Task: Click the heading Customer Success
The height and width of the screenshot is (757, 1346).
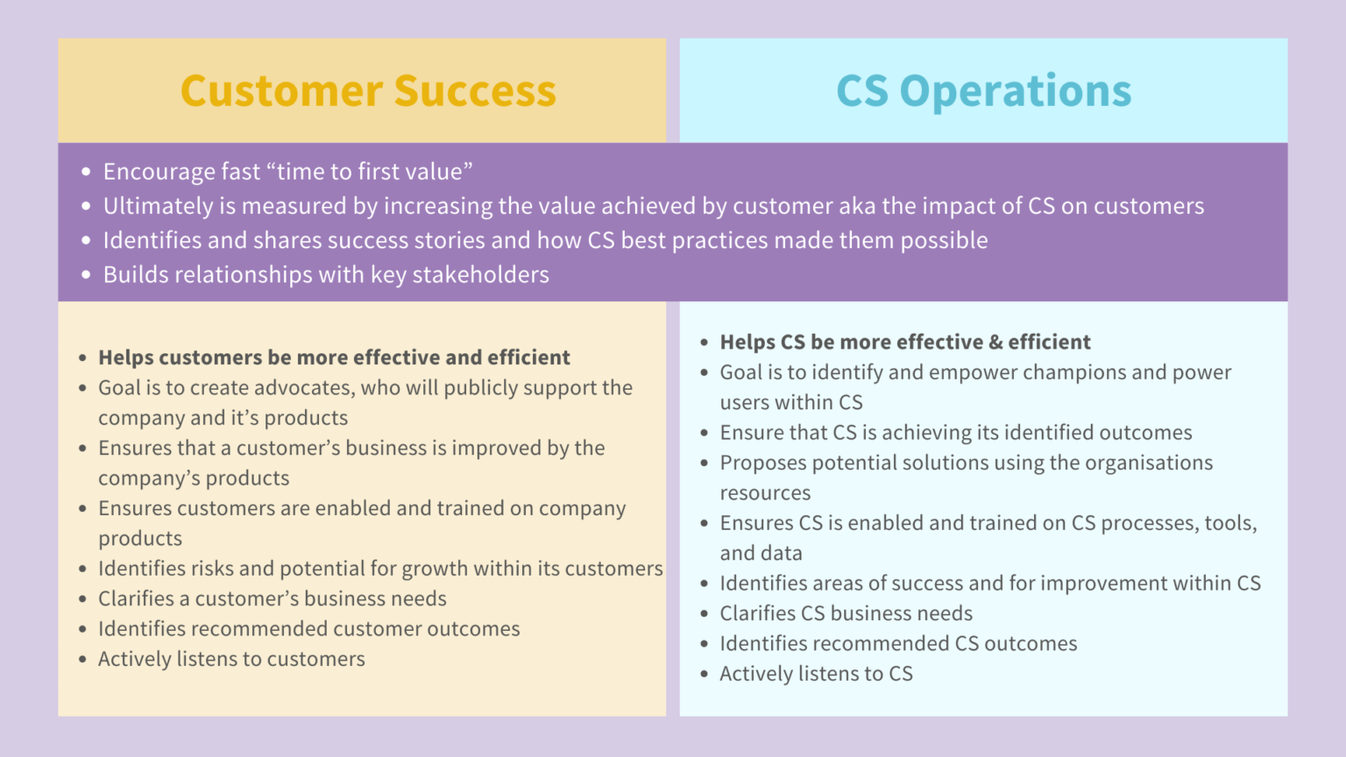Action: (368, 91)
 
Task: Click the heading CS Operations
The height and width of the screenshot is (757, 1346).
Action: (983, 91)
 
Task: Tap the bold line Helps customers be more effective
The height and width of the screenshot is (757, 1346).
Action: (334, 357)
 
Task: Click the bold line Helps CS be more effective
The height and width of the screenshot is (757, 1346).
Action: (904, 343)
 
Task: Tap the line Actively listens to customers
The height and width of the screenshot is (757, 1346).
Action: (231, 660)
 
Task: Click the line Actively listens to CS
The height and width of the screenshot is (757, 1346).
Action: (816, 674)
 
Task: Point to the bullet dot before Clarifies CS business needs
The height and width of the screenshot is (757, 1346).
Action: (705, 614)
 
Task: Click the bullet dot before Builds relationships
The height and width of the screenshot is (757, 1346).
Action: (86, 275)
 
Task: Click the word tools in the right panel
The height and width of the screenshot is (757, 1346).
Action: (1229, 523)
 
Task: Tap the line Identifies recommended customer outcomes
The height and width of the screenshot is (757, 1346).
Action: (308, 629)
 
